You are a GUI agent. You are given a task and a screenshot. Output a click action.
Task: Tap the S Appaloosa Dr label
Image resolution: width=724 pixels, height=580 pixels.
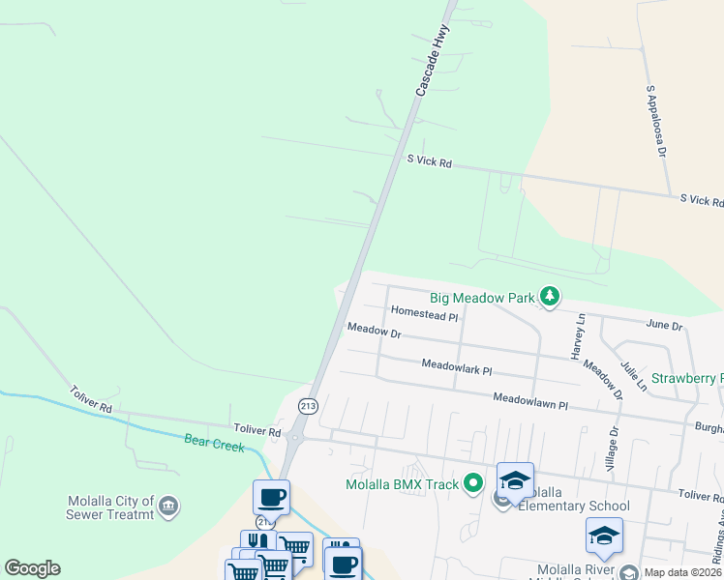point(656,121)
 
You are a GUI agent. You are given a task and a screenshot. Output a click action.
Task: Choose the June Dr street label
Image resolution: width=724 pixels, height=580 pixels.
point(664,327)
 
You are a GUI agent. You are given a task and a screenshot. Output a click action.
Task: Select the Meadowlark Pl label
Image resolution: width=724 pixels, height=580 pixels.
point(457,368)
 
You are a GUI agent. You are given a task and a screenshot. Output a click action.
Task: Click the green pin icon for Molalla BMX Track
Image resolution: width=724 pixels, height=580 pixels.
point(472,482)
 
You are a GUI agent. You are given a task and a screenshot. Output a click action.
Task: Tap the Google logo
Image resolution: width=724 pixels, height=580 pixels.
point(32,568)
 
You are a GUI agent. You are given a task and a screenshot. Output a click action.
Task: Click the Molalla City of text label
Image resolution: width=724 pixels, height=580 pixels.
point(110,502)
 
